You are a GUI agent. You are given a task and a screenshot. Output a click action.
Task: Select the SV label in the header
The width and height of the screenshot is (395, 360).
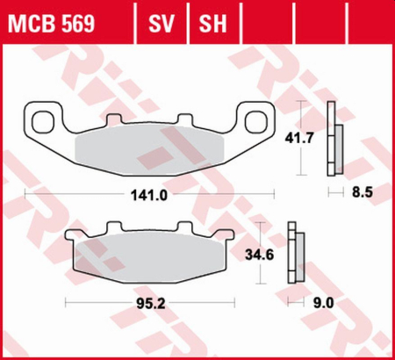pos(161,20)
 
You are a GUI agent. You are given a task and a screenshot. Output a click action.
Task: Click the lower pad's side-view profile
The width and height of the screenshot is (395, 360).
pos(295,256)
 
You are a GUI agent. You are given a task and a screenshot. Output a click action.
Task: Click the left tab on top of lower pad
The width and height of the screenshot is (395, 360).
pos(113,225)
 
